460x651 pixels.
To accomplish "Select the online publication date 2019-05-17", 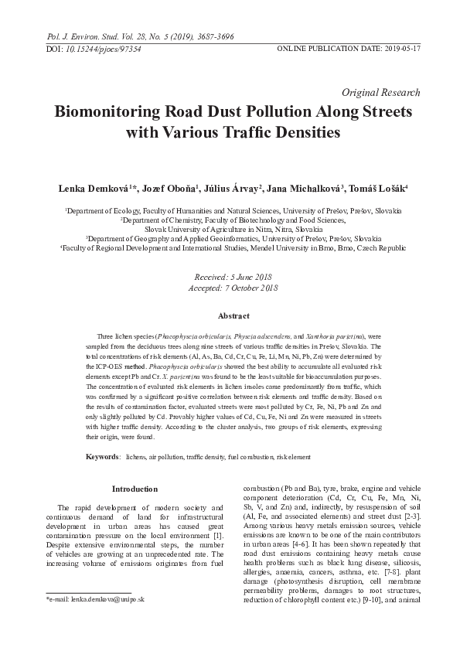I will pyautogui.click(x=399, y=48).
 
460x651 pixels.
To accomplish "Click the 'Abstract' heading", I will pyautogui.click(x=233, y=316).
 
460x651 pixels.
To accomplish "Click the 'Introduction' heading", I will pyautogui.click(x=135, y=489).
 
